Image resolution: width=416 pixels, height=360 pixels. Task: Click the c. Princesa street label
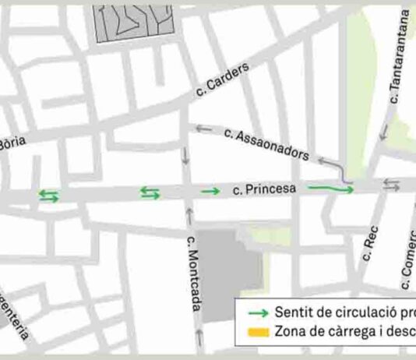[265, 189]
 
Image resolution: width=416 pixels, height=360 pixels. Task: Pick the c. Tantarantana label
[397, 58]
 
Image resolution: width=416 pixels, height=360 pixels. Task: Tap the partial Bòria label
[13, 143]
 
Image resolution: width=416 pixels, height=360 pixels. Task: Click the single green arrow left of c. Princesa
[210, 191]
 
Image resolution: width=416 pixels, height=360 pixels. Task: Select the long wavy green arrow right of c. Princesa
[331, 188]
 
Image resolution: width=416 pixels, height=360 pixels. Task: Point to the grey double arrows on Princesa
[391, 185]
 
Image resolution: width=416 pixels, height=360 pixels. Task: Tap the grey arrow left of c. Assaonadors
[204, 129]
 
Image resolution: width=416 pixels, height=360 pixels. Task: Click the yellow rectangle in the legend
[258, 333]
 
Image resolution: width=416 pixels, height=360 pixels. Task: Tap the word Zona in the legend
[290, 333]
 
